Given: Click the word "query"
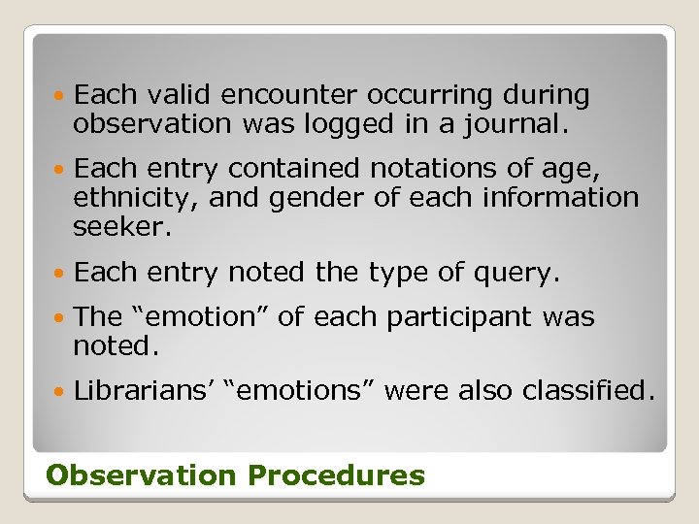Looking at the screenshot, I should (519, 273).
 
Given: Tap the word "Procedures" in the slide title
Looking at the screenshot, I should (336, 475).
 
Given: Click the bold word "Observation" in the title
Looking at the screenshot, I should (141, 475).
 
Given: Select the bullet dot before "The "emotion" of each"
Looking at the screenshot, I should (60, 318).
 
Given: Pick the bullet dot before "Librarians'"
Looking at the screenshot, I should (60, 392).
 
